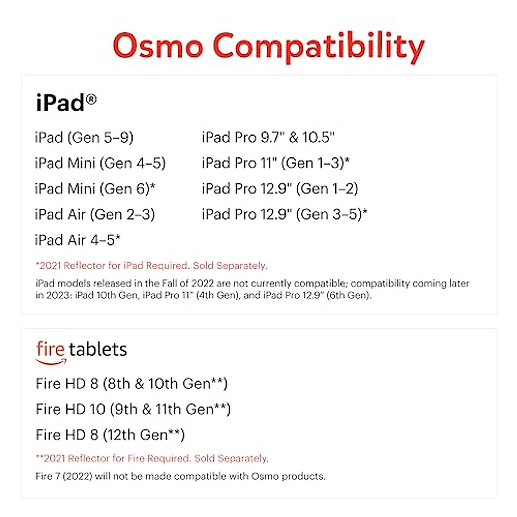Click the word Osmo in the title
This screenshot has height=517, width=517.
(158, 46)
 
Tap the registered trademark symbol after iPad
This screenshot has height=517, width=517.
(91, 100)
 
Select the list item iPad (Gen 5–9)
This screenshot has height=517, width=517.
(84, 137)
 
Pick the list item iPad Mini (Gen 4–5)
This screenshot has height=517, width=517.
(100, 163)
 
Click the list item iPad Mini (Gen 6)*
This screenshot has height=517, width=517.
(95, 189)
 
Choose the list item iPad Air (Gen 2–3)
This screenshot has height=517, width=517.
(95, 214)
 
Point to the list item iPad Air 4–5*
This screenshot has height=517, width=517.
(78, 240)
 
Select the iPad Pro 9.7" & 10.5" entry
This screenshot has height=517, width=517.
(268, 137)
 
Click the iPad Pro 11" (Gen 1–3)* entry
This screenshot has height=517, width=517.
(276, 163)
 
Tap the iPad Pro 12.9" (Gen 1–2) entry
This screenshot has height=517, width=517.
(280, 189)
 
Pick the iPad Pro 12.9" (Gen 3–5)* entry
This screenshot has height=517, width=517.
(284, 214)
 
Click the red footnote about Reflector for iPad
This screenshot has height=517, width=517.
(151, 265)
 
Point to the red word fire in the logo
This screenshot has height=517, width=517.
(50, 349)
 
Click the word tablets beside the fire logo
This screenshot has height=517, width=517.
(98, 349)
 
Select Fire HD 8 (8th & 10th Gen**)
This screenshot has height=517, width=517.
(131, 383)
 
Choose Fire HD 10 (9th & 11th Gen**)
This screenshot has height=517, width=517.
(133, 409)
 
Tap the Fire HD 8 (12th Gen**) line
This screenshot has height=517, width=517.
(110, 435)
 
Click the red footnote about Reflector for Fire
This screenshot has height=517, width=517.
(152, 458)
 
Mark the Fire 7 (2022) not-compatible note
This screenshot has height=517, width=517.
(181, 476)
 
